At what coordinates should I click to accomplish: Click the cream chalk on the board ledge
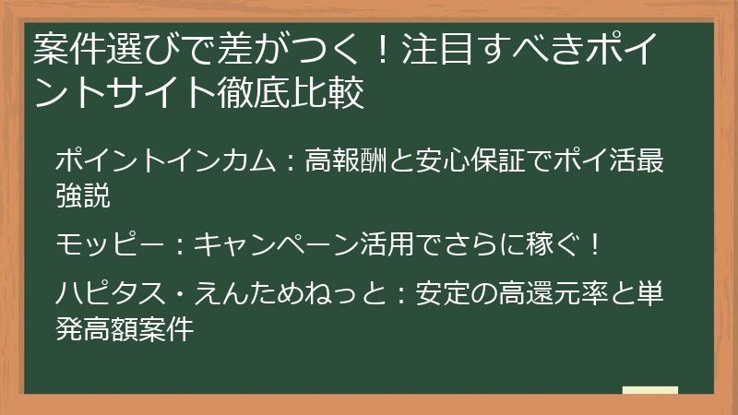[650, 390]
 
